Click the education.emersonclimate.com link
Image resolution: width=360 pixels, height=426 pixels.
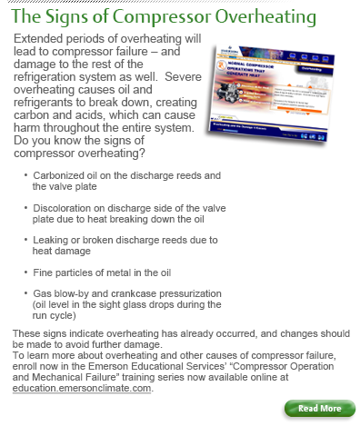click(83, 388)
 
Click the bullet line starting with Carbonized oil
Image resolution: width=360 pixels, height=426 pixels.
click(117, 175)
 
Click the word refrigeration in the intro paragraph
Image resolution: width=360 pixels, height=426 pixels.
click(52, 84)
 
